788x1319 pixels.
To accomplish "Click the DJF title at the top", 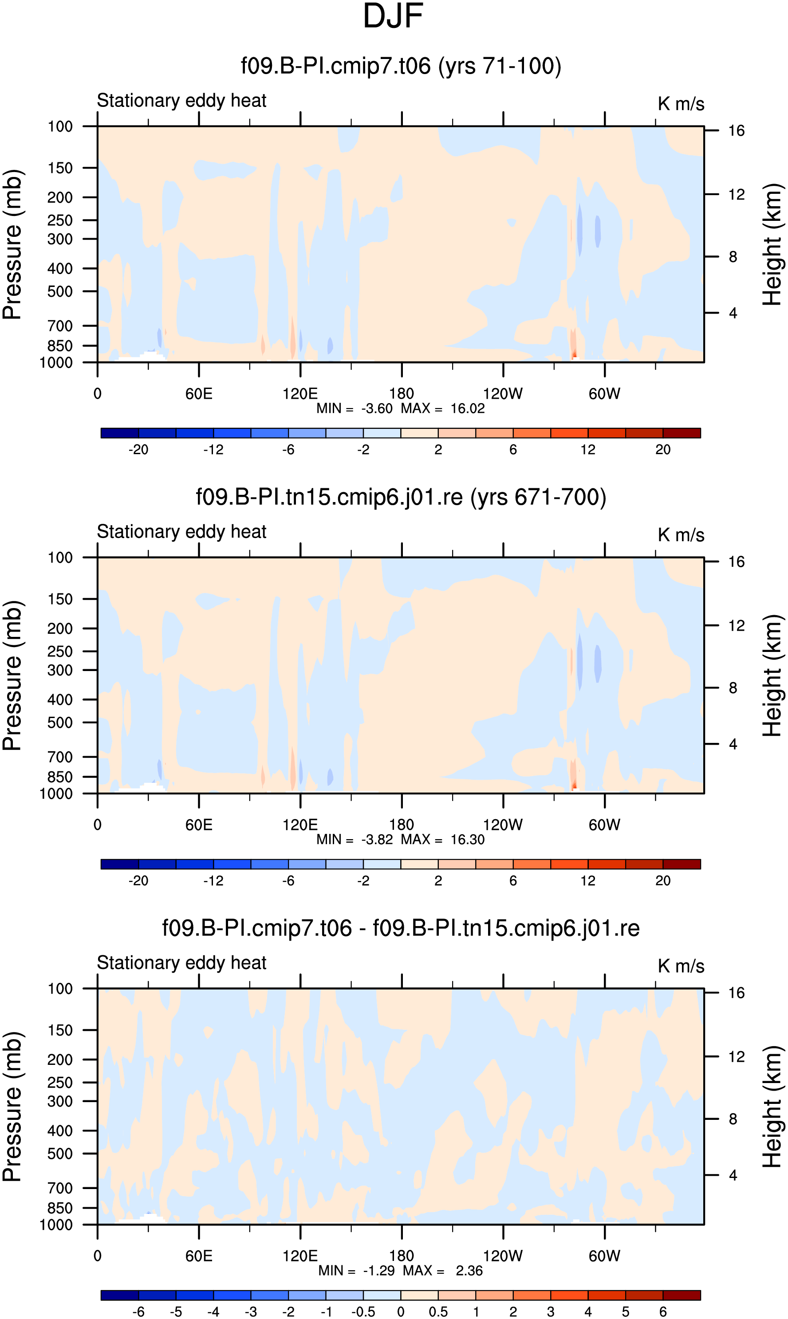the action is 393,16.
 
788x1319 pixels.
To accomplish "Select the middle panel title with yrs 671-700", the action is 401,497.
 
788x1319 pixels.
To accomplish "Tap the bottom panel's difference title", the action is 401,928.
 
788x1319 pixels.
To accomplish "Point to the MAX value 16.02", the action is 467,409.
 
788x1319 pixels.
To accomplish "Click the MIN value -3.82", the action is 377,840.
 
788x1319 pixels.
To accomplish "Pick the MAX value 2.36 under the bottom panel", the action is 469,1271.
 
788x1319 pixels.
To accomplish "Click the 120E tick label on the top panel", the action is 300,394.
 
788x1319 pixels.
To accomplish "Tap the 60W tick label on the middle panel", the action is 604,825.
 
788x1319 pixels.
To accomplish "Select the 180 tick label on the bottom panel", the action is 402,1256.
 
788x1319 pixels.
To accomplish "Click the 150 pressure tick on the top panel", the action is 60,168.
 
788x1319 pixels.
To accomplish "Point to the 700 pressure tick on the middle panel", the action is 60,757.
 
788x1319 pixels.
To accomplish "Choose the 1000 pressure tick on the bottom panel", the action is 56,1225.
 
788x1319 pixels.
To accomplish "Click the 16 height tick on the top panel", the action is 736,130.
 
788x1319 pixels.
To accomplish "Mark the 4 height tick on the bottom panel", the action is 733,1175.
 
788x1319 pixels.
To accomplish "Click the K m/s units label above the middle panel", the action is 681,535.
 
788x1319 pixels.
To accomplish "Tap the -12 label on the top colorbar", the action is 213,450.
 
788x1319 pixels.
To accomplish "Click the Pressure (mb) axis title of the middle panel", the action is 12,676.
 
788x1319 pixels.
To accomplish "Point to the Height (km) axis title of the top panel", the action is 772,245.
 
